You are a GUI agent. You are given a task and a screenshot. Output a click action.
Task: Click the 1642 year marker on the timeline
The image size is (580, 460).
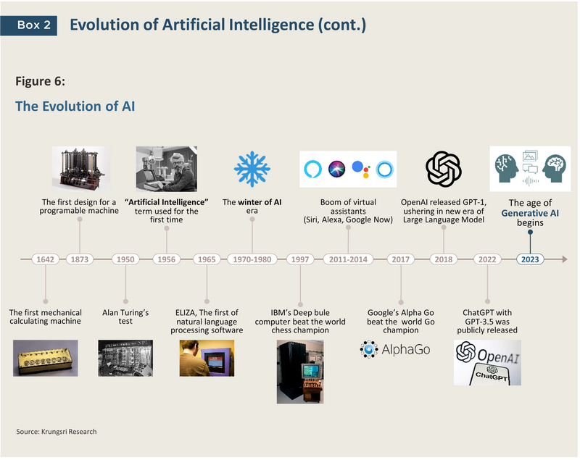coord(45,259)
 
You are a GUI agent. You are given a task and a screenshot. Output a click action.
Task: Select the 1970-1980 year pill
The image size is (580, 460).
coord(252,259)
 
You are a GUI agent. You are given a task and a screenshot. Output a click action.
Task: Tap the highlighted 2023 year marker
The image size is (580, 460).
coord(530,259)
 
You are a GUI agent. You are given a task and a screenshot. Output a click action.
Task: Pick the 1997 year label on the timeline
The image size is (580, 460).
coord(300,259)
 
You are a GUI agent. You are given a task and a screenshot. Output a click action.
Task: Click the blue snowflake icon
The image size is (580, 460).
coord(252,169)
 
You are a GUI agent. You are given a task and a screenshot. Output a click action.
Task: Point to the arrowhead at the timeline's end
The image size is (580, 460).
coord(565,259)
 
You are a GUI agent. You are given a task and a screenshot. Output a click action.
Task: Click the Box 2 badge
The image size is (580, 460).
coord(29,25)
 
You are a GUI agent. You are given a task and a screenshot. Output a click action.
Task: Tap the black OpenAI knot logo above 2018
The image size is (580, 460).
coord(443,169)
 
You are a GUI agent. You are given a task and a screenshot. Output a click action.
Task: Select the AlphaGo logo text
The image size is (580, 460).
coord(406,349)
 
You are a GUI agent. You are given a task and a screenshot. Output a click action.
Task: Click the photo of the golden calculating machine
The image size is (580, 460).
coord(46,358)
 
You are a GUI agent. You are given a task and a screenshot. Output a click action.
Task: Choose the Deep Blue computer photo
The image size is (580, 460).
coord(300,372)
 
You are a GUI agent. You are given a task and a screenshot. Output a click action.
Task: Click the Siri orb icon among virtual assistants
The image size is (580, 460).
coord(336,170)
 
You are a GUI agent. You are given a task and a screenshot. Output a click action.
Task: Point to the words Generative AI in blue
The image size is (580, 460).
coord(530,213)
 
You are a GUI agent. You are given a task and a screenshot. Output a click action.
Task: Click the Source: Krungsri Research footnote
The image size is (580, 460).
coord(57,432)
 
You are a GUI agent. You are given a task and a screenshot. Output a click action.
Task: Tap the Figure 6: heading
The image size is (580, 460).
coord(40,81)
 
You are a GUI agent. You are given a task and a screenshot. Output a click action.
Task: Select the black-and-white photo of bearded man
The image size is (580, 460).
coord(167,169)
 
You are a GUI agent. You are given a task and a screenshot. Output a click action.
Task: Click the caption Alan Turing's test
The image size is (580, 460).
coord(125,317)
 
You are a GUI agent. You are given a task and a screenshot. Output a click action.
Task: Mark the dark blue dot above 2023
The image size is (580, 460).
coord(530,232)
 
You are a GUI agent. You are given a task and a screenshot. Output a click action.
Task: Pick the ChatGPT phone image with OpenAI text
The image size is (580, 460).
coord(487,363)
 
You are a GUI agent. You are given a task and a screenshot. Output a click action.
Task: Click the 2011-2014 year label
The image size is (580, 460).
coord(348,259)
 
